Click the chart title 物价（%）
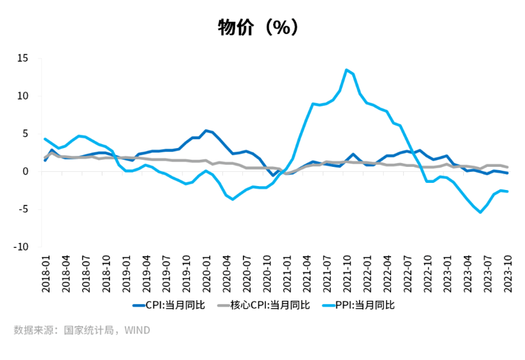point(258,28)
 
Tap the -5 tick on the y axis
point(24,209)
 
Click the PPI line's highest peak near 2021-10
point(347,70)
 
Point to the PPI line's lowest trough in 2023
point(480,212)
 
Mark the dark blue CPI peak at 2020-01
point(206,131)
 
